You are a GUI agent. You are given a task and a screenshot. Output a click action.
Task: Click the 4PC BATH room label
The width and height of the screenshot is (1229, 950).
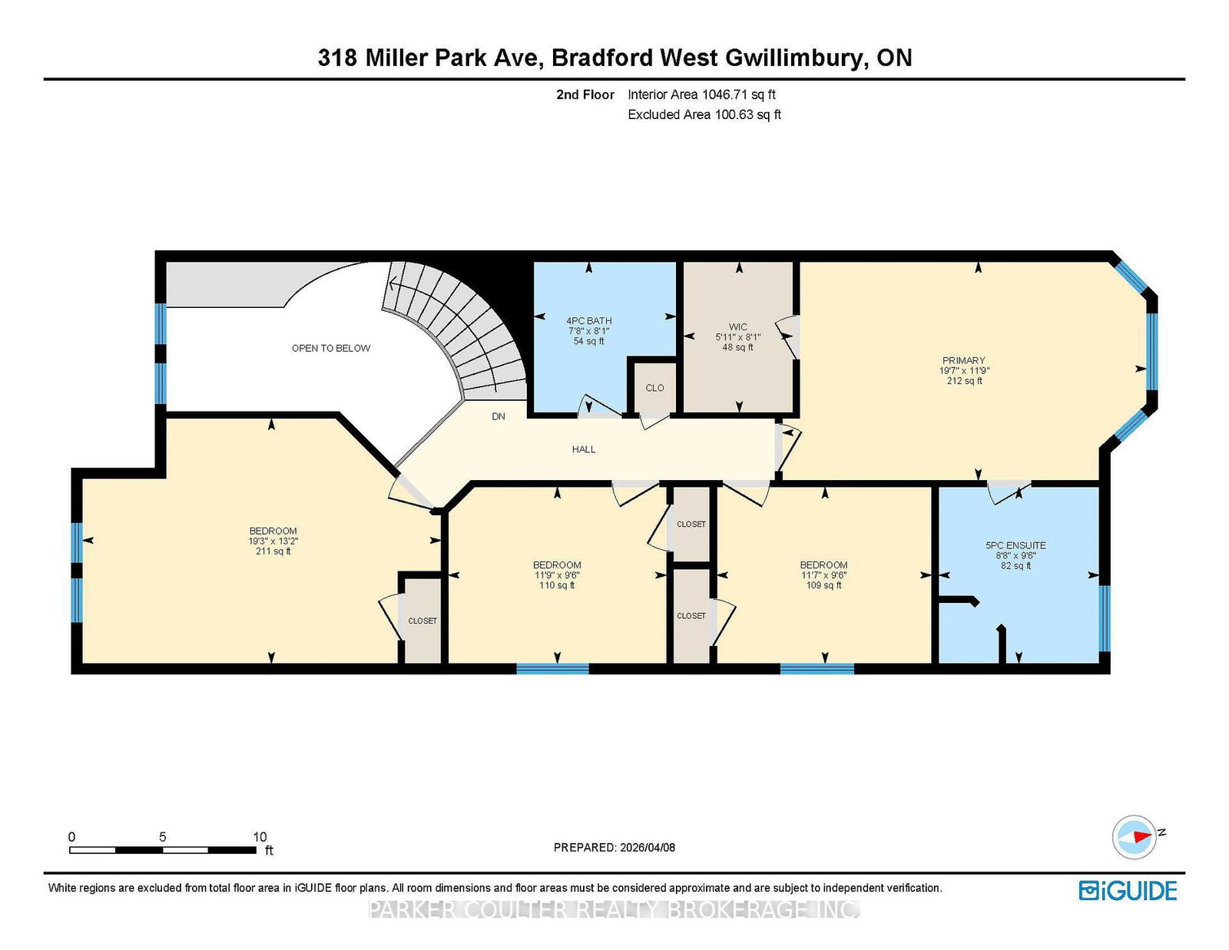click(588, 320)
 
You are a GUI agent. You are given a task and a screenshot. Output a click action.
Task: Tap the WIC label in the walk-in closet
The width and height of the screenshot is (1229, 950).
click(738, 327)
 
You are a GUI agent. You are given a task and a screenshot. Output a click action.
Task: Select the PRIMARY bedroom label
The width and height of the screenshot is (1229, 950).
click(964, 360)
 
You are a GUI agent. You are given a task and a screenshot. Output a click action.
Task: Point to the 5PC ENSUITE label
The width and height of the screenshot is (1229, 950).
click(1015, 545)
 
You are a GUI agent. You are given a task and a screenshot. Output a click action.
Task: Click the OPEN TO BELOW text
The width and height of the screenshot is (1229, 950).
click(331, 349)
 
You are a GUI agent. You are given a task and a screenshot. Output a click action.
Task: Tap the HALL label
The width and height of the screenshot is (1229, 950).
click(584, 449)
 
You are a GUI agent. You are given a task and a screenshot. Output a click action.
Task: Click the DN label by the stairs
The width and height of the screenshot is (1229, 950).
click(499, 417)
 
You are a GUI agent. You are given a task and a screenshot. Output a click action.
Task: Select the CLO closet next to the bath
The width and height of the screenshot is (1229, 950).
click(655, 388)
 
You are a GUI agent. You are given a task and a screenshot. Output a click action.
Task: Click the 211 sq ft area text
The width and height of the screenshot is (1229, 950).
click(273, 551)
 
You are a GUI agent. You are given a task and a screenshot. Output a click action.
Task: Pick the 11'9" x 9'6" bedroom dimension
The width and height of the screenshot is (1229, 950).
click(557, 575)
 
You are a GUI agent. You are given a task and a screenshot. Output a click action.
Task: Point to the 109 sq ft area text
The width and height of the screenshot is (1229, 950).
click(824, 585)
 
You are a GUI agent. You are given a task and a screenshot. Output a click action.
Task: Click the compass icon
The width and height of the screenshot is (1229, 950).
click(1134, 838)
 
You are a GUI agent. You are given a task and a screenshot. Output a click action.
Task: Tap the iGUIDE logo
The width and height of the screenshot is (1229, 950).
click(1128, 891)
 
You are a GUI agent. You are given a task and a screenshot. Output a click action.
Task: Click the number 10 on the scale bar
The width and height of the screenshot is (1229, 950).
click(260, 837)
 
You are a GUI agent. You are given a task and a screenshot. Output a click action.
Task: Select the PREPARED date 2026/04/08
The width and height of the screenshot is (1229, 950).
click(648, 848)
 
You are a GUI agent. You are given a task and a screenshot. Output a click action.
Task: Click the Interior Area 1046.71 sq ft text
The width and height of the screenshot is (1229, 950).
click(701, 94)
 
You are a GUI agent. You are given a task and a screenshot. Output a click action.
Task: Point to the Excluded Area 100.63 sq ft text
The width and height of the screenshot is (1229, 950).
click(704, 114)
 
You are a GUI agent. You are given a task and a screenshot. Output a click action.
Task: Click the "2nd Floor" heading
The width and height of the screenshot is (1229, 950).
click(585, 94)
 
